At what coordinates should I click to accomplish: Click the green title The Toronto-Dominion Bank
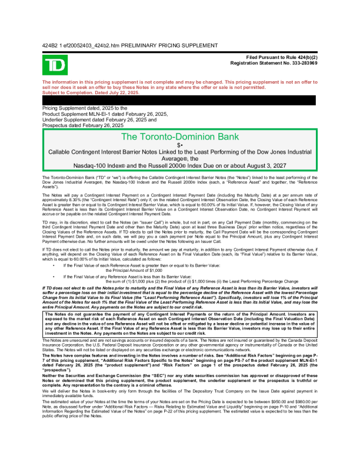[179, 137]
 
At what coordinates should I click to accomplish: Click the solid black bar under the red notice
[179, 100]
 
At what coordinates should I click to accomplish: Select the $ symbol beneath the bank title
[178, 144]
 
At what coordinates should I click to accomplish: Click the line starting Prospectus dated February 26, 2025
[83, 125]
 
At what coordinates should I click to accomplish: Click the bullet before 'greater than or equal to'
[54, 249]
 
